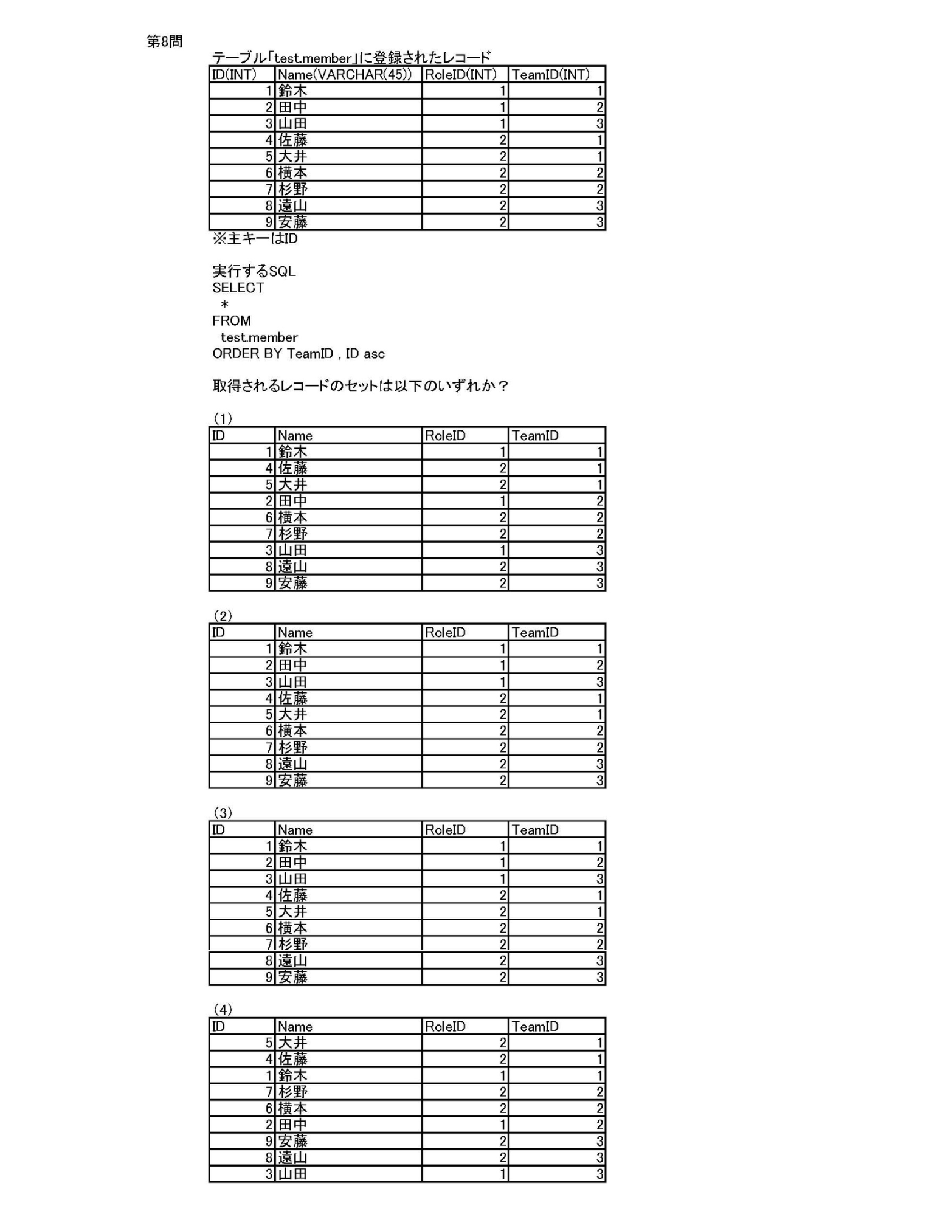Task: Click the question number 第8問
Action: [x=164, y=41]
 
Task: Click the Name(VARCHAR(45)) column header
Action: [x=344, y=74]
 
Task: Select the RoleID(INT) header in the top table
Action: [x=460, y=74]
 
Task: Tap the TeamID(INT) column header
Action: [x=550, y=74]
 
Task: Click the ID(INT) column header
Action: [x=234, y=74]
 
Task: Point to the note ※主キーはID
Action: [x=255, y=238]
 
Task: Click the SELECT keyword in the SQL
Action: [x=238, y=288]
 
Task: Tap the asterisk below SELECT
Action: [x=224, y=304]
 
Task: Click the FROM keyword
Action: [x=231, y=320]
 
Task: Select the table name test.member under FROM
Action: [x=259, y=337]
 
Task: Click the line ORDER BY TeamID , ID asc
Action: [x=298, y=353]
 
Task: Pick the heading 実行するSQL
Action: [x=254, y=271]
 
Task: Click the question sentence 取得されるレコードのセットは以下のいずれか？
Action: [x=360, y=386]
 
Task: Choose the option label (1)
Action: [x=223, y=418]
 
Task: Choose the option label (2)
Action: [x=223, y=616]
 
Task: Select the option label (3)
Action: [x=223, y=813]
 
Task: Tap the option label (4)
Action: [x=223, y=1010]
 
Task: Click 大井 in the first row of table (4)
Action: [x=292, y=1043]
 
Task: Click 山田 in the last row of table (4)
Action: [x=292, y=1174]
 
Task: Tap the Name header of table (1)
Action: [x=295, y=435]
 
